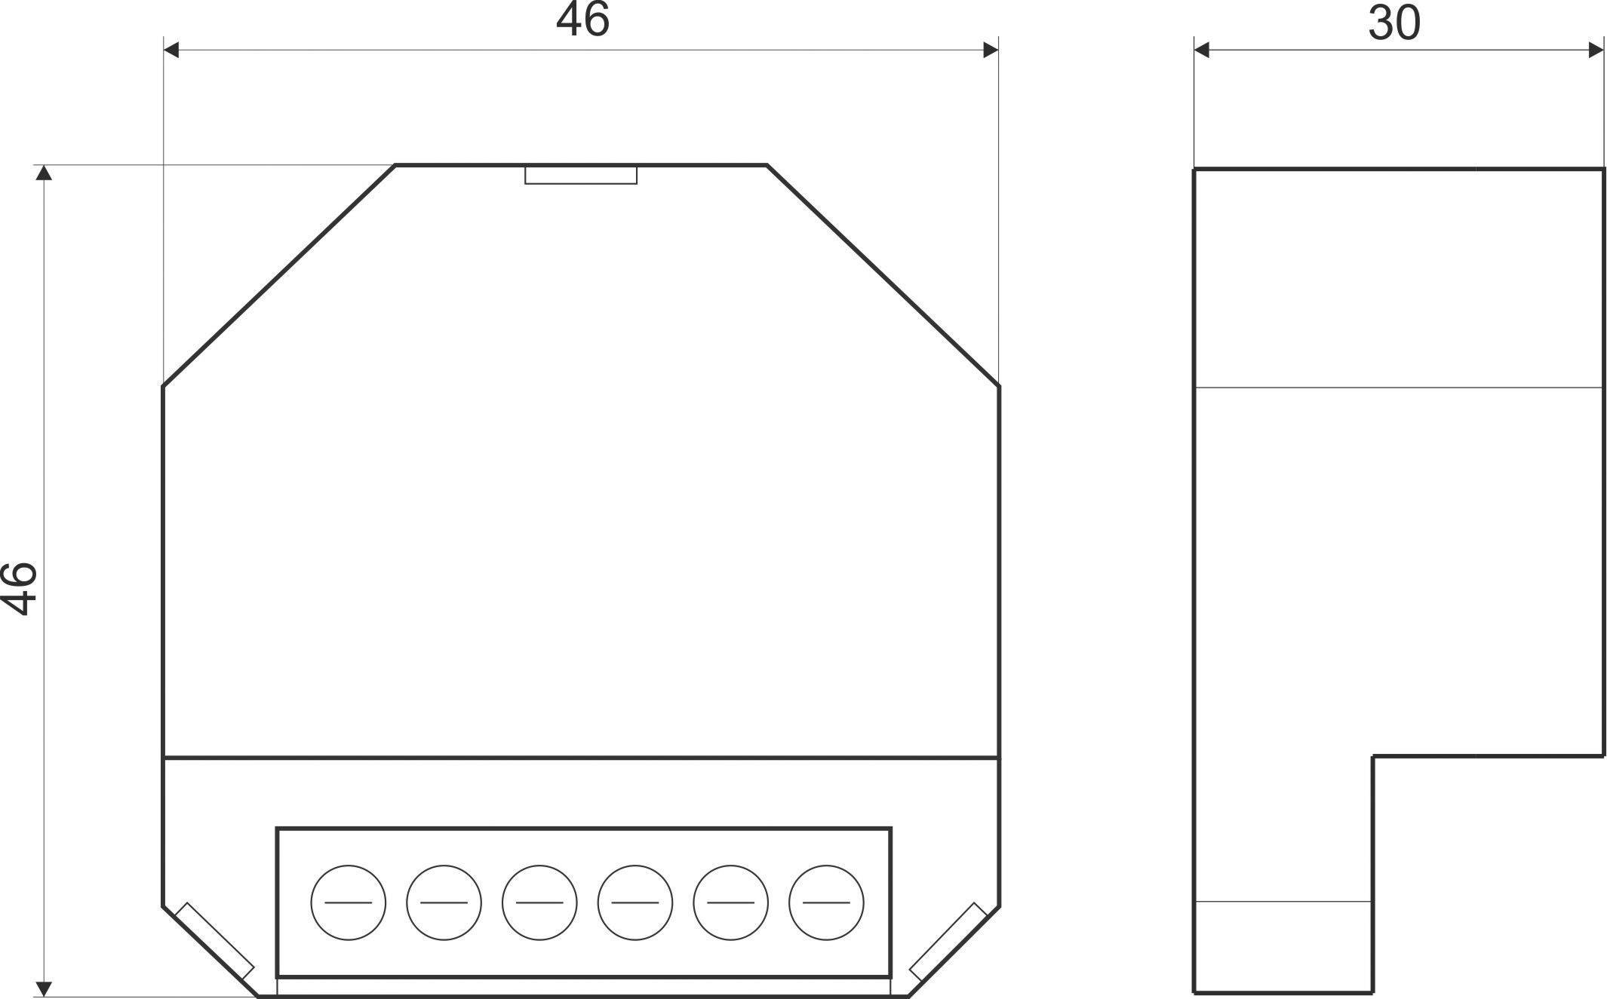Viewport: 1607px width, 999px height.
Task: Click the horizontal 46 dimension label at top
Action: [582, 20]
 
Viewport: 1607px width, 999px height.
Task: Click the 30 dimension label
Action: [1394, 23]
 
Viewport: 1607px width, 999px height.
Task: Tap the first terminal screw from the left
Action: [349, 902]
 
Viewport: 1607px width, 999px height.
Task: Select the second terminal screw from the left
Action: [444, 902]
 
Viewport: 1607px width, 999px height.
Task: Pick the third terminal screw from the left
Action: [539, 902]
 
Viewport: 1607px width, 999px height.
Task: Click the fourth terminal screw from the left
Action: [635, 902]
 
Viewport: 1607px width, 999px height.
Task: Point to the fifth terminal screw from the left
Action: [730, 902]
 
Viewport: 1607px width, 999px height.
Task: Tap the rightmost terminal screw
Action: [826, 902]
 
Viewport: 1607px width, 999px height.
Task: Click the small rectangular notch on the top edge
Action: [581, 175]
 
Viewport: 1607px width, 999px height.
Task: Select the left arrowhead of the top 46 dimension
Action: [172, 50]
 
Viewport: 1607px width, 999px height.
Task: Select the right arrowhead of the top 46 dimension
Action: [991, 50]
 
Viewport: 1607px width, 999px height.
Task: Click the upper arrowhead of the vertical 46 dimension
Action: [45, 173]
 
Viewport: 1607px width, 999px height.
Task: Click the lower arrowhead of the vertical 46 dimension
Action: [45, 988]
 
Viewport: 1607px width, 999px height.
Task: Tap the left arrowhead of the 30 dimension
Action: [1202, 50]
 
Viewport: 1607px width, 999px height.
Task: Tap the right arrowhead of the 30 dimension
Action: [1596, 50]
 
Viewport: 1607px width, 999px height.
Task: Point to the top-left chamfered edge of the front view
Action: [279, 275]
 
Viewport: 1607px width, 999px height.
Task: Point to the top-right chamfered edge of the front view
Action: [883, 275]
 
